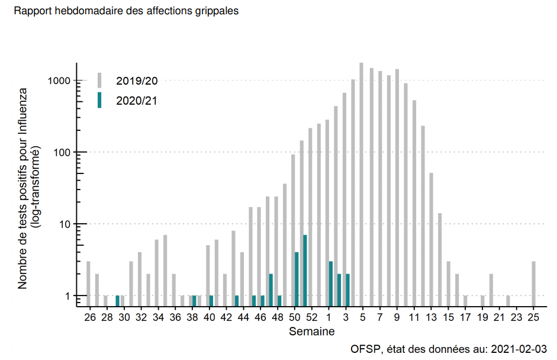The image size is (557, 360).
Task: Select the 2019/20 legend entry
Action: click(x=137, y=81)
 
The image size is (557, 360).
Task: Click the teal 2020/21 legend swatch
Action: click(x=99, y=100)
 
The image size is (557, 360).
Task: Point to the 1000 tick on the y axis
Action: click(x=60, y=81)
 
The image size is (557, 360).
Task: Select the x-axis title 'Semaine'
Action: click(x=311, y=332)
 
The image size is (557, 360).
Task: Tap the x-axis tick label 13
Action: click(x=431, y=317)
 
